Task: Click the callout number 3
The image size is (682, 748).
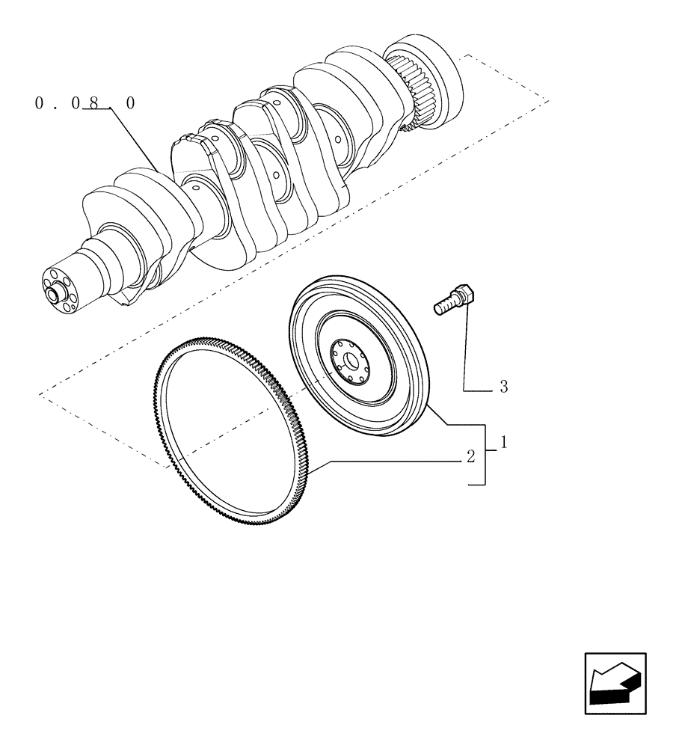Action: pyautogui.click(x=503, y=387)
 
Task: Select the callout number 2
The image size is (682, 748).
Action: pyautogui.click(x=470, y=457)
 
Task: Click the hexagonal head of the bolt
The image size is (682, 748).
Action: pyautogui.click(x=463, y=294)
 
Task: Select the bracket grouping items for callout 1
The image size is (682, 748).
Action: pyautogui.click(x=485, y=454)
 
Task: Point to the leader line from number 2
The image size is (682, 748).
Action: pyautogui.click(x=389, y=462)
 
